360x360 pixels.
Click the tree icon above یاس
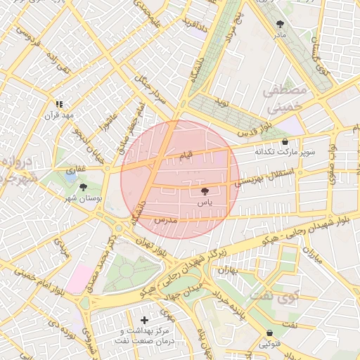pyautogui.click(x=205, y=191)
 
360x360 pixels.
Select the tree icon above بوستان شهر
pyautogui.click(x=84, y=187)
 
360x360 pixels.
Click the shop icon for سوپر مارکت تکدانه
pyautogui.click(x=284, y=141)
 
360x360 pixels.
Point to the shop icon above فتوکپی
pyautogui.click(x=270, y=333)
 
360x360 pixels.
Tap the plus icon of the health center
pyautogui.click(x=144, y=320)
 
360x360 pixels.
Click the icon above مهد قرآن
pyautogui.click(x=59, y=104)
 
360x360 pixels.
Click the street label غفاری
pyautogui.click(x=75, y=169)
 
